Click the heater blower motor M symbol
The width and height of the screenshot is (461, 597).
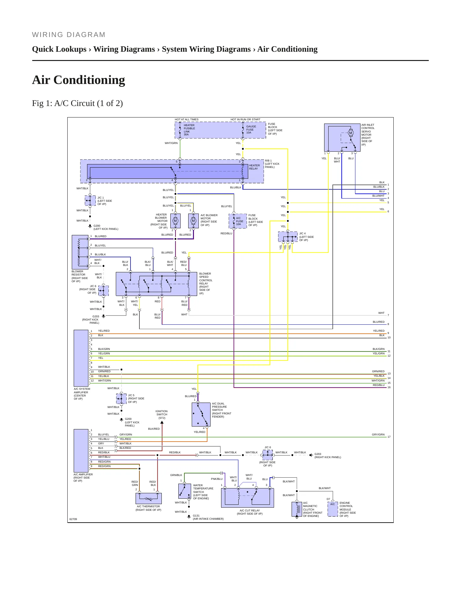tap(175, 221)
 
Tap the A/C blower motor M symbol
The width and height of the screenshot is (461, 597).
tap(193, 221)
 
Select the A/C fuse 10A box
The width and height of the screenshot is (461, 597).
tap(238, 221)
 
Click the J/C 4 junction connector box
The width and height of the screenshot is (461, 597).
tap(288, 237)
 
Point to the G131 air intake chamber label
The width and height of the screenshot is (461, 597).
tap(208, 517)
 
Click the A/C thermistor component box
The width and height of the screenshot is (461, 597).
tap(149, 498)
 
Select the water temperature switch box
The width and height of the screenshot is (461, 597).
tap(185, 491)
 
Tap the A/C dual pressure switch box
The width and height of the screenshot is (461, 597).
tap(201, 414)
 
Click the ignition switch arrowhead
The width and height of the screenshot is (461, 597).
tap(162, 422)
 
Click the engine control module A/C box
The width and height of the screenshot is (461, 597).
tap(333, 509)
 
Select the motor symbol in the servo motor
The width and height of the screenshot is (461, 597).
tap(351, 133)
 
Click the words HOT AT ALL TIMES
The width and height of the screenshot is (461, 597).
tap(187, 119)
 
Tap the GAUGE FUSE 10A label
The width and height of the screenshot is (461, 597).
tap(251, 130)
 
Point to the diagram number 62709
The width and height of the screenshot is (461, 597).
tap(73, 519)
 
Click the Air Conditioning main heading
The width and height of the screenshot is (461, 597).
tap(78, 80)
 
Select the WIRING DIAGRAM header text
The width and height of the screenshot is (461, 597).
tap(69, 35)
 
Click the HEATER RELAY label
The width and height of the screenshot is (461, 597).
tap(254, 167)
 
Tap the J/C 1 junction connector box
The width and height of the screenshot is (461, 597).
tap(90, 200)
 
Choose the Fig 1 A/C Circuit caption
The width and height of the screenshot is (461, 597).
tap(78, 103)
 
